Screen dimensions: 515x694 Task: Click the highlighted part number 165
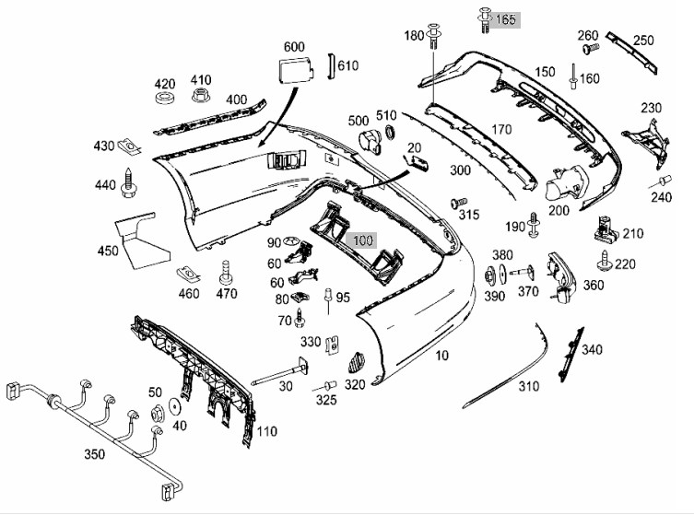[507, 19]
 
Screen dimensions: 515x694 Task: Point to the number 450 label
[109, 250]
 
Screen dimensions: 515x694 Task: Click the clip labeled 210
[607, 225]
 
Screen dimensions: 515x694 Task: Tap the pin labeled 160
[573, 78]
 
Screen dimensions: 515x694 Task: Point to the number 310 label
[527, 387]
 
